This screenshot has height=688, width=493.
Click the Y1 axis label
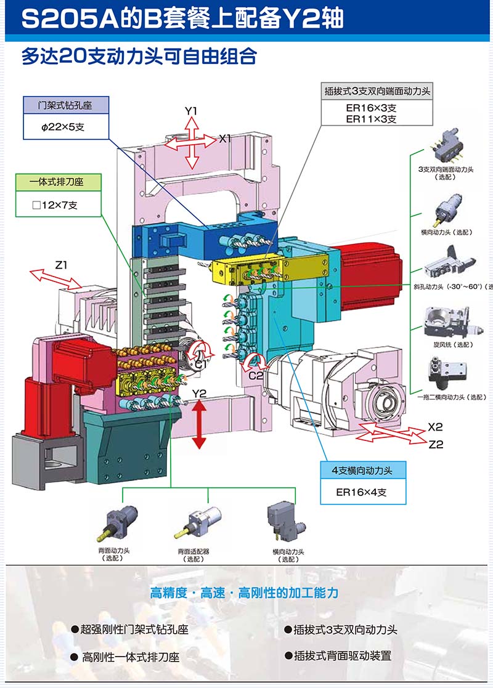pos(191,111)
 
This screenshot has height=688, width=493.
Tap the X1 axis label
pos(225,139)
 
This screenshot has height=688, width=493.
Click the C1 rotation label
pos(201,365)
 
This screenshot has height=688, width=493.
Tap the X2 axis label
pos(436,427)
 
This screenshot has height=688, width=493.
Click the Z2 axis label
pos(436,444)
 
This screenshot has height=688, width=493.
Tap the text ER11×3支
pos(371,119)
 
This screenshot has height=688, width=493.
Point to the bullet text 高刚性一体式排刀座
pos(131,657)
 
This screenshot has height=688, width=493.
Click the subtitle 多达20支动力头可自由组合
pos(139,57)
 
